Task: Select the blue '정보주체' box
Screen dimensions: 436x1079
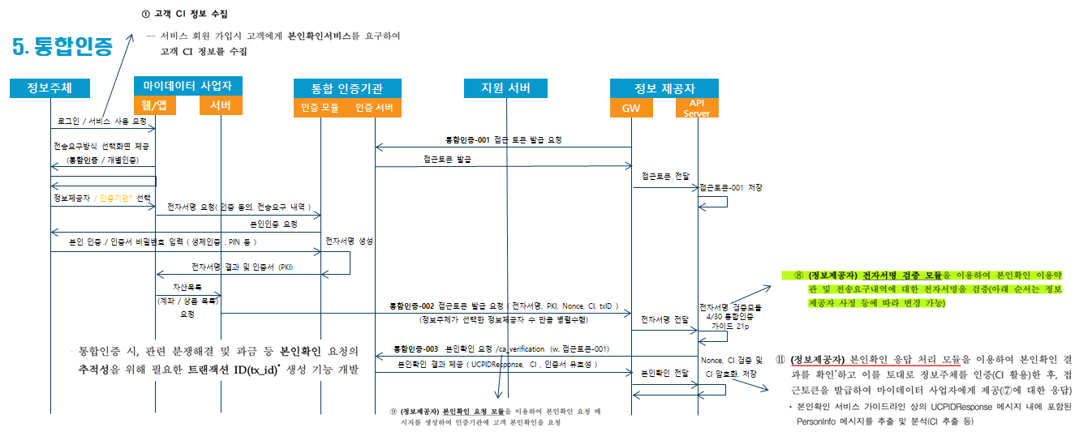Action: point(48,88)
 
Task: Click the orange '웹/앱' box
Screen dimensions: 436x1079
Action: point(154,105)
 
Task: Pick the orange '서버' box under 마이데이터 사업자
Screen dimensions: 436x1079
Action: point(220,105)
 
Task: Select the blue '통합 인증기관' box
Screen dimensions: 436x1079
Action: point(346,88)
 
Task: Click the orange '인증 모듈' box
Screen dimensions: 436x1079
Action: point(320,108)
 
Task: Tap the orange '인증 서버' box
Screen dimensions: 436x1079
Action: point(374,108)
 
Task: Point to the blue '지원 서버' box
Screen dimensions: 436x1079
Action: point(505,88)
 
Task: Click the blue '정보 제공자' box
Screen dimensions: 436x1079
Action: point(664,88)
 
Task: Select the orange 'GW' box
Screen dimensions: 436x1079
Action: point(631,108)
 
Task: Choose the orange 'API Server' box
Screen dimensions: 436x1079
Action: point(697,108)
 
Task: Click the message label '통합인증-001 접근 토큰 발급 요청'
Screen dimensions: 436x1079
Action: point(504,139)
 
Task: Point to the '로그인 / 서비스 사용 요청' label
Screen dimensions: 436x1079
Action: point(102,120)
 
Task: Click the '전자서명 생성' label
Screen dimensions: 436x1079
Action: point(349,241)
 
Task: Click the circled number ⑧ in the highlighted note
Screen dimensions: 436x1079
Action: point(799,276)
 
